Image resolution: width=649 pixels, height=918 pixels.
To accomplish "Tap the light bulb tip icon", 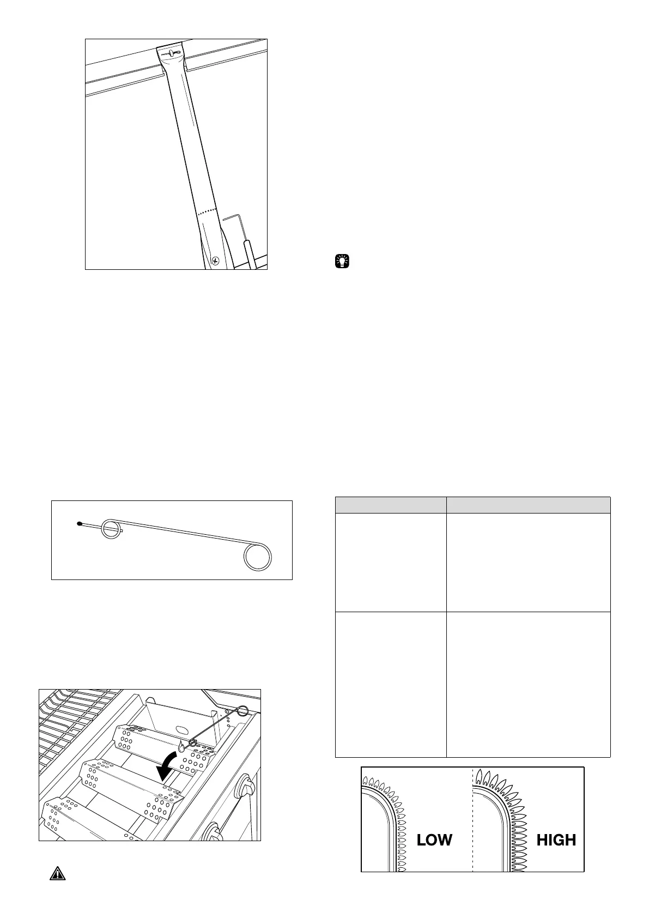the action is (342, 261).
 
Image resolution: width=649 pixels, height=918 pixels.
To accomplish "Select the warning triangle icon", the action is (57, 888).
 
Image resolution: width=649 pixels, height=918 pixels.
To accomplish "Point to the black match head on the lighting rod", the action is (80, 524).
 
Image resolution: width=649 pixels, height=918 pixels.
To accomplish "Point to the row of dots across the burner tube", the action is (207, 212).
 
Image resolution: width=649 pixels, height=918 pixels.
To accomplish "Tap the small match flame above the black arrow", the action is (181, 746).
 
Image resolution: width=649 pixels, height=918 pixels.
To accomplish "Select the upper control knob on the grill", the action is (247, 787).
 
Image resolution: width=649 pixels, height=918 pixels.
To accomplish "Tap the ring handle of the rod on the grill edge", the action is (242, 710).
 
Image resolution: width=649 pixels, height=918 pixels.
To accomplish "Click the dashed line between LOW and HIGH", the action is (472, 818).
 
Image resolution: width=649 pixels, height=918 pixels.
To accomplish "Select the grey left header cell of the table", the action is (390, 505).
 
